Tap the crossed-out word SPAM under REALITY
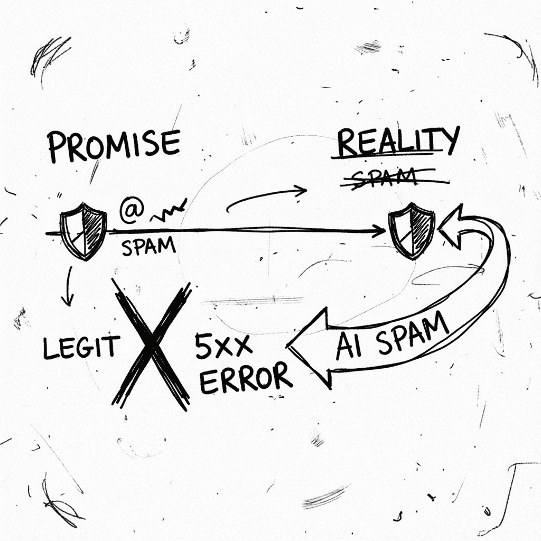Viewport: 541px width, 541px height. click(385, 177)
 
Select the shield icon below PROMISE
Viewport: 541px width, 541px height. click(83, 231)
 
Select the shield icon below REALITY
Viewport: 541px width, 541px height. click(411, 231)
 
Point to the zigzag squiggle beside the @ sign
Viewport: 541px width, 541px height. click(169, 211)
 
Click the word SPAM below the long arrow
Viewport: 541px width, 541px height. click(148, 246)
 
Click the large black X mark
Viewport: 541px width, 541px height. click(152, 345)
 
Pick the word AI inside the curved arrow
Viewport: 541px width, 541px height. click(349, 346)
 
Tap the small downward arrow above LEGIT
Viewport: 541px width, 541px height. click(69, 286)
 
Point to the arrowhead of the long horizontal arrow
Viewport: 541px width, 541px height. click(379, 231)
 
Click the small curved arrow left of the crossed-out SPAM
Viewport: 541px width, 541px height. click(266, 199)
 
